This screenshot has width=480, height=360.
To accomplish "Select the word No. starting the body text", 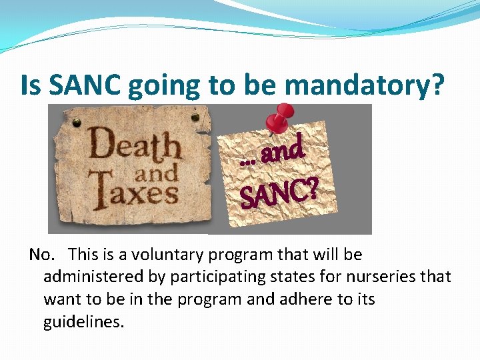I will pyautogui.click(x=41, y=255).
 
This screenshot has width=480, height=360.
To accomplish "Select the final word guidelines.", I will pyautogui.click(x=83, y=322).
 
